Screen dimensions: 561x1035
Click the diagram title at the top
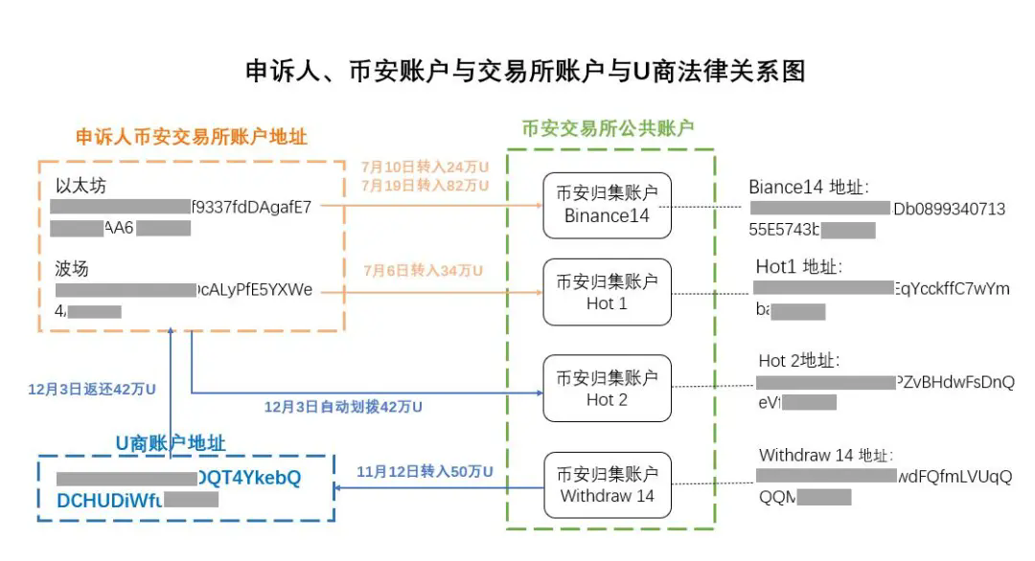point(525,72)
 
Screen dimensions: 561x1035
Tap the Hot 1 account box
point(607,292)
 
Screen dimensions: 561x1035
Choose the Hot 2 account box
point(607,389)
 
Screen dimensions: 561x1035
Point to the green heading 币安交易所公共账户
point(608,128)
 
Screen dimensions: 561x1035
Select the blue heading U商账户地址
point(171,443)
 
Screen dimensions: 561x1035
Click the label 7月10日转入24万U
point(425,168)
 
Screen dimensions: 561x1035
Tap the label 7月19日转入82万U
point(425,185)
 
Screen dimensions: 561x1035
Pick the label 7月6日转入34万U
point(422,271)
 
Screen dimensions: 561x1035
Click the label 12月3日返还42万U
point(92,390)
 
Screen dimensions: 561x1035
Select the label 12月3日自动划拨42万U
point(343,407)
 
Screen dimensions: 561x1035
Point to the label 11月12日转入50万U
point(425,472)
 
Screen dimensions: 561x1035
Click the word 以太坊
point(80,186)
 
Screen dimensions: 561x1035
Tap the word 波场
point(72,269)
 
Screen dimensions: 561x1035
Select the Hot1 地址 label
point(799,267)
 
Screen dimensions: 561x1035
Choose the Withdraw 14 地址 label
point(825,456)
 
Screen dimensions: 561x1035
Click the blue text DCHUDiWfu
point(109,499)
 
